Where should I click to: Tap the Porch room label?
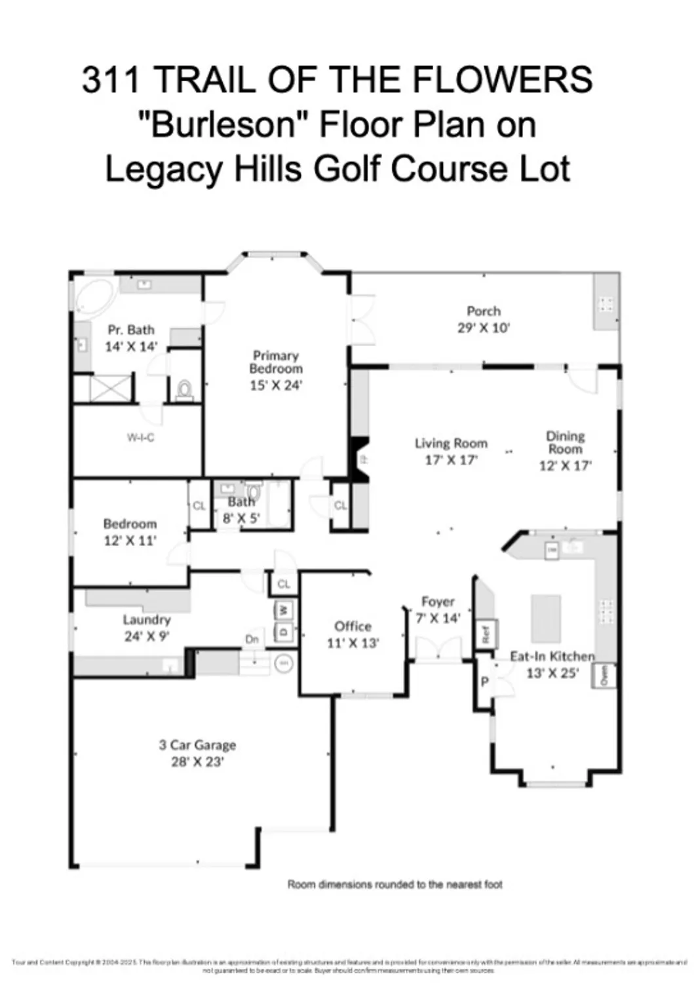[484, 311]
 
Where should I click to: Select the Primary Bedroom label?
[276, 362]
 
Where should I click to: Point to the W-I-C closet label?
[140, 437]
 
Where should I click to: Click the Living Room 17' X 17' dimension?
[451, 460]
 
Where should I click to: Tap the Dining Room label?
[565, 442]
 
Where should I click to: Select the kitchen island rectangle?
[545, 618]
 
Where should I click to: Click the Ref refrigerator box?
[486, 633]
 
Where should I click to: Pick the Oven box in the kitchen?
[604, 675]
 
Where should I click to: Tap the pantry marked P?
[484, 682]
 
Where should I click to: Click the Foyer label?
[438, 602]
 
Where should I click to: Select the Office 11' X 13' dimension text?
[353, 643]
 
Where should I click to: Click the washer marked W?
[284, 610]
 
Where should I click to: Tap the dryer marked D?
[284, 632]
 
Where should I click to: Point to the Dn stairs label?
[252, 639]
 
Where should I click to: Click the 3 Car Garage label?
[197, 745]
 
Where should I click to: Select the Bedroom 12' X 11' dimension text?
[130, 541]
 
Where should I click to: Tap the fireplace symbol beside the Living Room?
[361, 459]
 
